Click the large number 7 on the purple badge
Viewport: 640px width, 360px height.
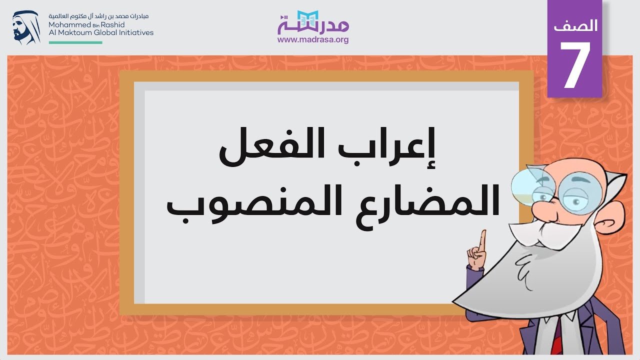point(574,65)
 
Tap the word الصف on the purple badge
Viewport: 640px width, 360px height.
point(575,25)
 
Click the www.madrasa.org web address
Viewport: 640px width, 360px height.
point(313,39)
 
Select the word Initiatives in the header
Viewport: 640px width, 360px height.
point(135,32)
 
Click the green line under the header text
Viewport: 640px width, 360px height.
point(75,42)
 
